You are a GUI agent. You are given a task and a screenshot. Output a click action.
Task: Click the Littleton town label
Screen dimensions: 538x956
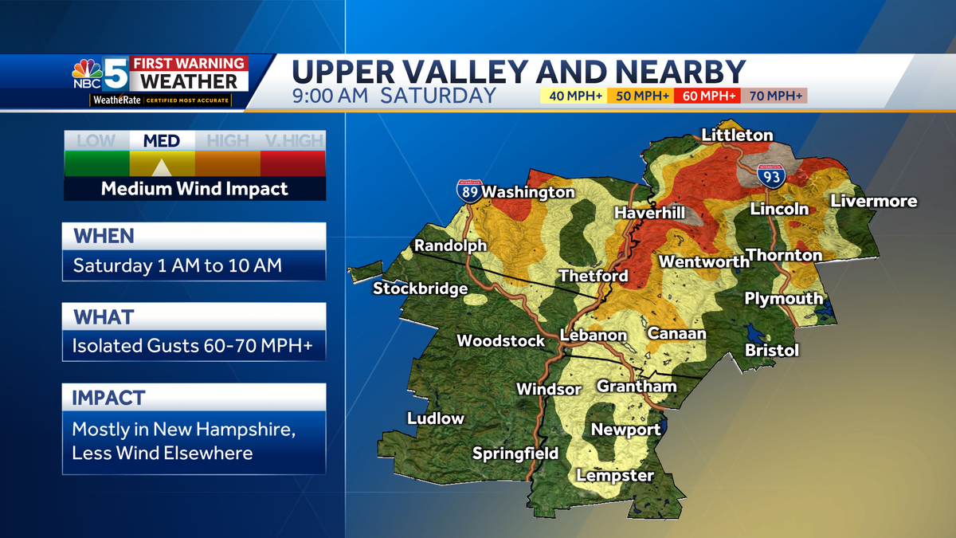(737, 135)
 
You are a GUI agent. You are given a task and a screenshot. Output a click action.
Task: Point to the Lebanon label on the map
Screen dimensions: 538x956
(593, 336)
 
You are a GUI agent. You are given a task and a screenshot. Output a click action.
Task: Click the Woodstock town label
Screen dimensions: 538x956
(500, 341)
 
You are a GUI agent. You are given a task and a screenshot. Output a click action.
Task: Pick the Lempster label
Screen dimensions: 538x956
(615, 476)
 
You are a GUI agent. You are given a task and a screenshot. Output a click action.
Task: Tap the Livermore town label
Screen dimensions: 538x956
(874, 201)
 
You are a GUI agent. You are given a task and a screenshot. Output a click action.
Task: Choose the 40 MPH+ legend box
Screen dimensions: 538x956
(574, 96)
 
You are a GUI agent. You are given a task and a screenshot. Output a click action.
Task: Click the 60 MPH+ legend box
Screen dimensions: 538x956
(708, 96)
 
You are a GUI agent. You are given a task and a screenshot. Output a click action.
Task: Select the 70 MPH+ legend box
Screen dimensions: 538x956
(774, 96)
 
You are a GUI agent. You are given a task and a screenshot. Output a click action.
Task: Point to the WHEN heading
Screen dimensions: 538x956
(104, 237)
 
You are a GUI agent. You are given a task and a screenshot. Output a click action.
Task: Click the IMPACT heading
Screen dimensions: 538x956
(109, 398)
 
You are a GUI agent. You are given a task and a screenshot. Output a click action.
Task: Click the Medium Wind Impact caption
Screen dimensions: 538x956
(194, 189)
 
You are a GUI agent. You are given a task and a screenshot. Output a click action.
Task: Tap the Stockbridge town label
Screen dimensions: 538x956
(420, 289)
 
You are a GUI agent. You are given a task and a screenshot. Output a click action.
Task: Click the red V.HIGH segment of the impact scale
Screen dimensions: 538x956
(293, 163)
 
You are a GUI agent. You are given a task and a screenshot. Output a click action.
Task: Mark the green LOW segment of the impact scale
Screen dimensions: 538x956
(96, 163)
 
